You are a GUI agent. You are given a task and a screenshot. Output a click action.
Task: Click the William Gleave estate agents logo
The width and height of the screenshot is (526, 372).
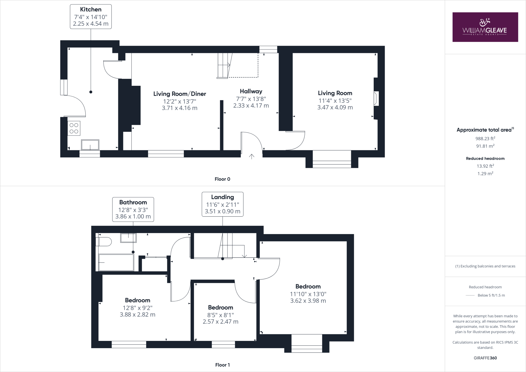pos(485,27)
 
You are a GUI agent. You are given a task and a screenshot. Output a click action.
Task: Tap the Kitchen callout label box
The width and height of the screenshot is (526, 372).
pos(91,17)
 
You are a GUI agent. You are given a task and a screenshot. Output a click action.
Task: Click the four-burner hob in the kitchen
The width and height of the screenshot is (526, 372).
pos(74,128)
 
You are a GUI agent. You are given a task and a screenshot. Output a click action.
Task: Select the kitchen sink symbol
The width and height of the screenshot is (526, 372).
pos(90,145)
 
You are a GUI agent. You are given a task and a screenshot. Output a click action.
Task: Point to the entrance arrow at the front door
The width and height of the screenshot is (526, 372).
pos(251,156)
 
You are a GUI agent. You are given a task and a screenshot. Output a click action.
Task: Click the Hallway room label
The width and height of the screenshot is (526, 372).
pos(251,91)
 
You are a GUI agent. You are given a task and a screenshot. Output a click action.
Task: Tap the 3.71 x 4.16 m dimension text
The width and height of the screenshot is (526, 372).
pos(180,108)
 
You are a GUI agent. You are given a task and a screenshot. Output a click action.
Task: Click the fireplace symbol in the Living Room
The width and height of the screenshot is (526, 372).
pos(376,98)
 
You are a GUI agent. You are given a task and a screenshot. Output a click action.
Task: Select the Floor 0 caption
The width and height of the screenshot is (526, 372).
pos(222,179)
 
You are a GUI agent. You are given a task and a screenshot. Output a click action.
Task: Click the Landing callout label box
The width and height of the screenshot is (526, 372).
pos(222,204)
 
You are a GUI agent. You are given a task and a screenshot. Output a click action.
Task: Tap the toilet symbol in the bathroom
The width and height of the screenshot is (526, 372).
pos(104,242)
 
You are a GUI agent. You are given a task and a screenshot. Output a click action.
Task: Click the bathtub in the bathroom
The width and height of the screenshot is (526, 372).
pos(116,262)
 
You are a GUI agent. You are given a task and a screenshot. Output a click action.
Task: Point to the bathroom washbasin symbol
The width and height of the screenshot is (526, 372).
pos(128,238)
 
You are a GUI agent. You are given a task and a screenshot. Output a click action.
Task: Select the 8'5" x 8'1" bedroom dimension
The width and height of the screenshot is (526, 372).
pos(220,315)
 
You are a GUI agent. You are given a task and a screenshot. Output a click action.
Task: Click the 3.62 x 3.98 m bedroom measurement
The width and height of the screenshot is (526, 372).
pos(308,301)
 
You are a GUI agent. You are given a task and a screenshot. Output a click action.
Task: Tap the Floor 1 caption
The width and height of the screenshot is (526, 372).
pos(222,365)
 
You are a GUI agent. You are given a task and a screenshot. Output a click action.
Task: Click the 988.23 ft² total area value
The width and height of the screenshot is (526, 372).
pos(485,138)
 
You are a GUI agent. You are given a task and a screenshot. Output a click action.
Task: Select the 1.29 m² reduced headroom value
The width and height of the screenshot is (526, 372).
pos(485,174)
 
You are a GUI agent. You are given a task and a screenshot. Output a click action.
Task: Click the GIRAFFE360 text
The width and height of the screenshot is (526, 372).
pos(485,358)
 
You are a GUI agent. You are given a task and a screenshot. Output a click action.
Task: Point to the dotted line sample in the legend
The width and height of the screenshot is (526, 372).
pos(470,295)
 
